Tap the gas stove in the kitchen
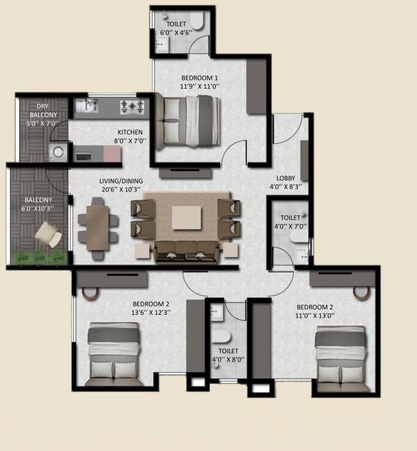pos(133,106)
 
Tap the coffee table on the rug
pos(187,218)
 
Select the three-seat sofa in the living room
pos(187,251)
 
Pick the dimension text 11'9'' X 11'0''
pos(199,87)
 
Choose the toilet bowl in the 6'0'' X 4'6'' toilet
pos(196,22)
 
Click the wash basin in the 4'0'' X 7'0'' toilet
pos(303,255)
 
